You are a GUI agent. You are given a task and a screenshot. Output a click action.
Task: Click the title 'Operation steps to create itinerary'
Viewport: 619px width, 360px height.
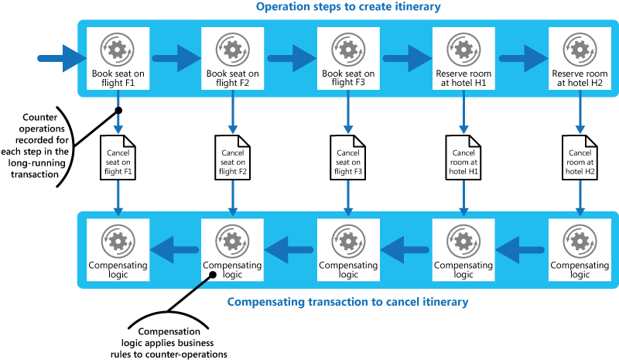tap(348, 8)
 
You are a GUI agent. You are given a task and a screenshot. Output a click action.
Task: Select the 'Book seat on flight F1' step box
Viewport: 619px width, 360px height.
tap(117, 59)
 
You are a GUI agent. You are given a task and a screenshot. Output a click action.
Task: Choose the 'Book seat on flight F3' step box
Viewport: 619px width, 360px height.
tap(348, 59)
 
